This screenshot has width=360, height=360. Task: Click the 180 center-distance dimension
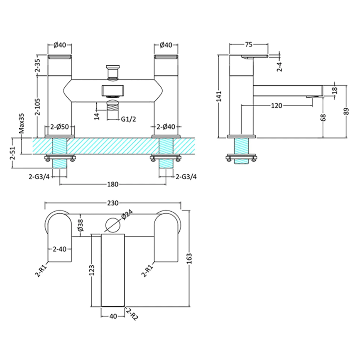pyautogui.click(x=113, y=184)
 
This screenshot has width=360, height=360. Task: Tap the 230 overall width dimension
pyautogui.click(x=113, y=203)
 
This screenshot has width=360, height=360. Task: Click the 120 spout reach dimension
pyautogui.click(x=276, y=105)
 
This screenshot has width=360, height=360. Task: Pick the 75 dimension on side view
pyautogui.click(x=248, y=45)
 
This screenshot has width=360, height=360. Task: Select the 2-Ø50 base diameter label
pyautogui.click(x=59, y=127)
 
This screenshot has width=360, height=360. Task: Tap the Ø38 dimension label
pyautogui.click(x=81, y=225)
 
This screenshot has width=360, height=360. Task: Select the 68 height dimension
pyautogui.click(x=323, y=117)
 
